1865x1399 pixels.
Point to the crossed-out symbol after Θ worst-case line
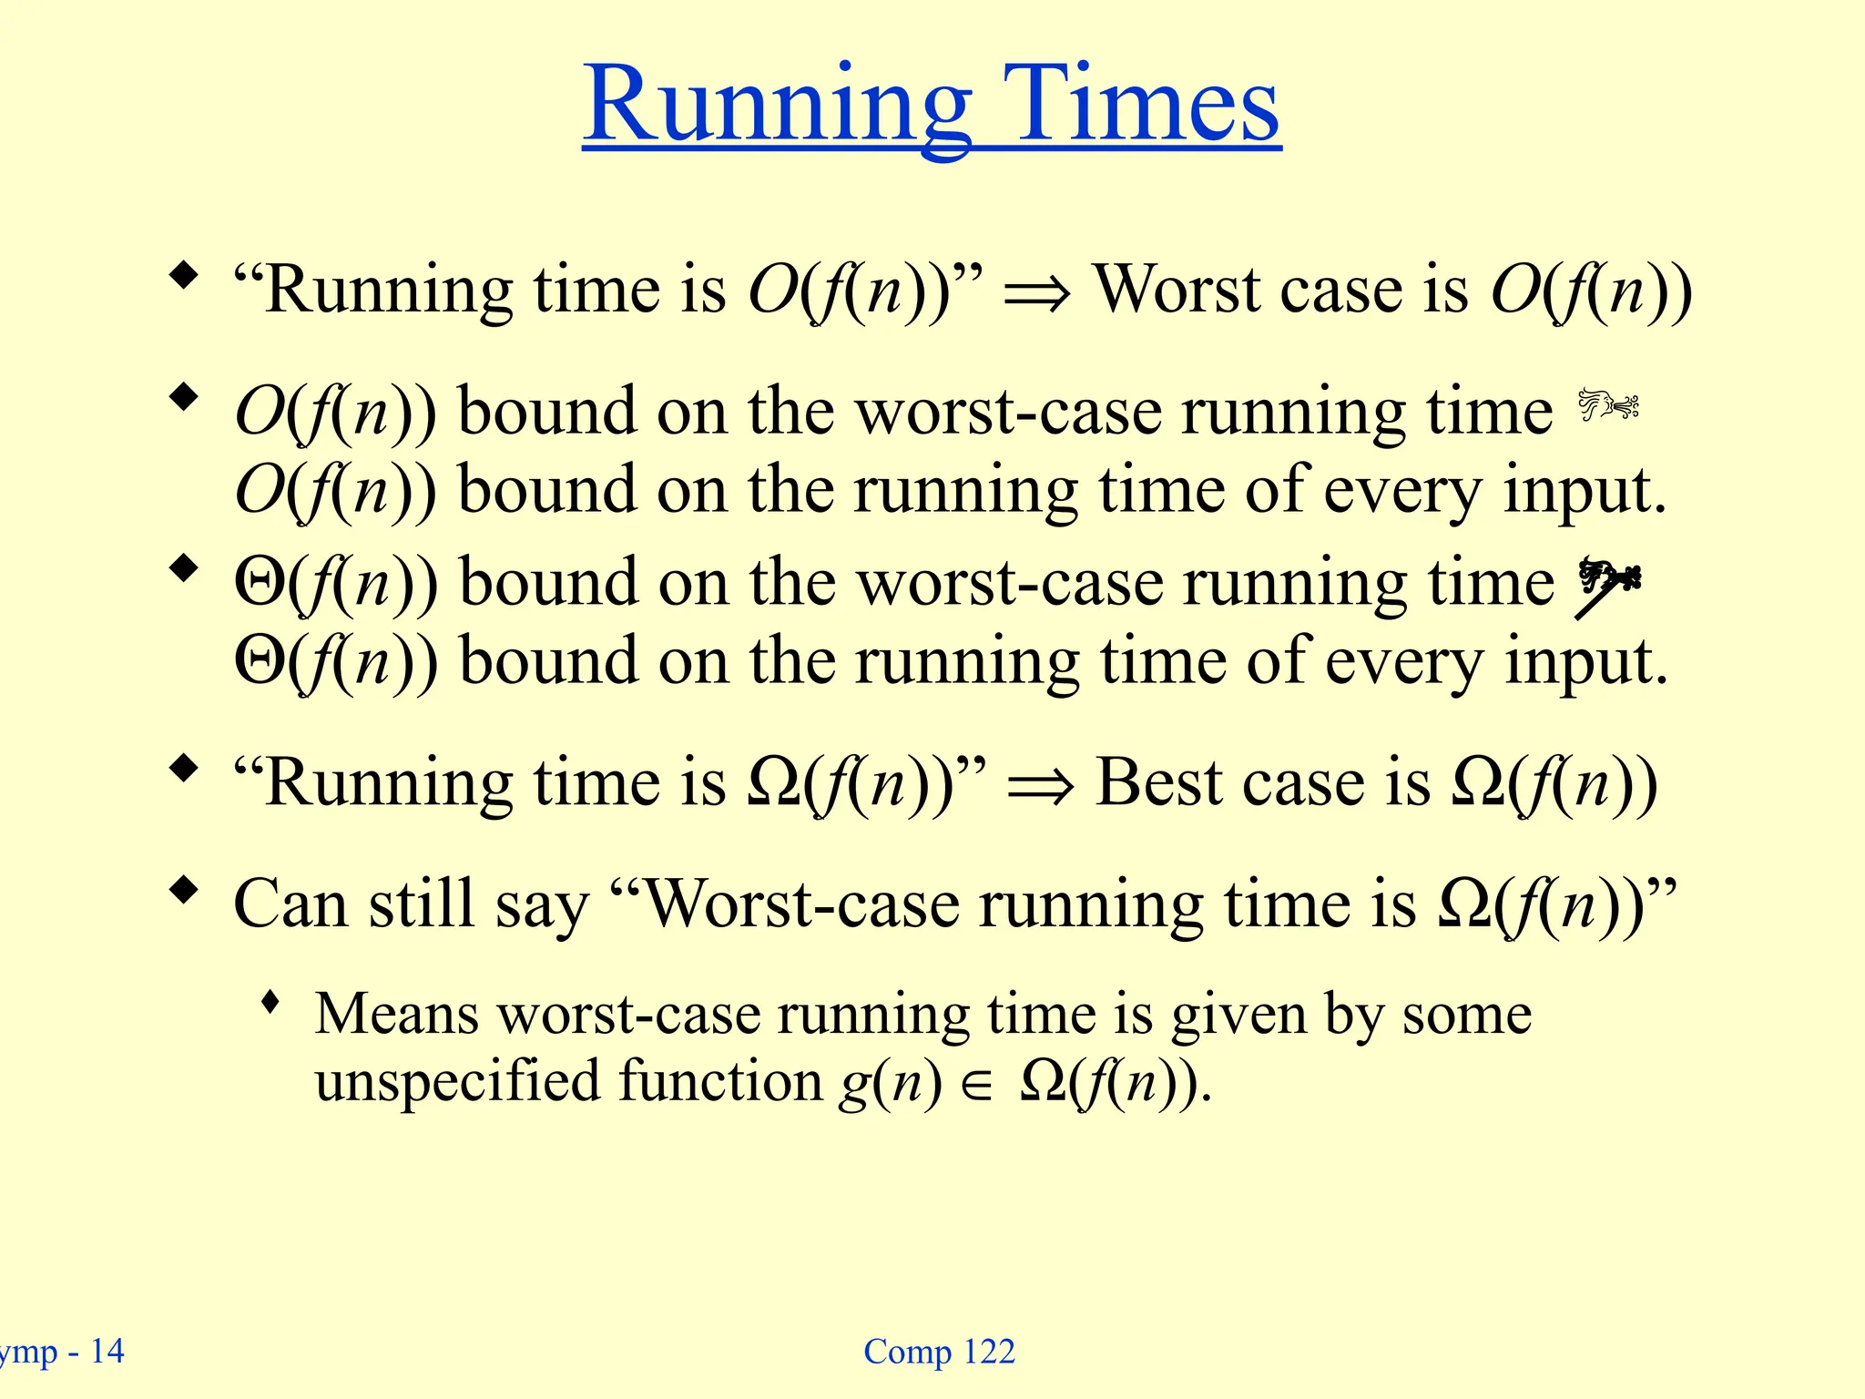(x=1606, y=586)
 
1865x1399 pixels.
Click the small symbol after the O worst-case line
(x=1607, y=405)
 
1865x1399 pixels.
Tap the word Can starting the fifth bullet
(x=290, y=904)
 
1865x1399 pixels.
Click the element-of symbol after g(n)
(x=976, y=1088)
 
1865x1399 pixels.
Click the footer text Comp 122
(x=939, y=1352)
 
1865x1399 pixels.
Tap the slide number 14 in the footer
(x=107, y=1352)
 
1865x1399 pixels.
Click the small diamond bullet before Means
(x=270, y=1003)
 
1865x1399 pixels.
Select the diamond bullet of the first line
(x=184, y=275)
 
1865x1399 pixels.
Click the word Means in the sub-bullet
(x=396, y=1014)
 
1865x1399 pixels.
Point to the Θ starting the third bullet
(x=260, y=583)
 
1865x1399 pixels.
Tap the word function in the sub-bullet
(x=719, y=1082)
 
